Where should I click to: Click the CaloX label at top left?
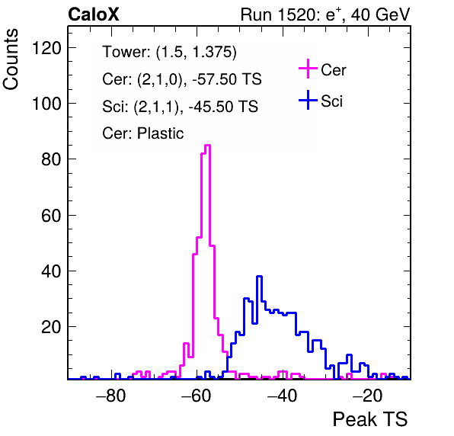click(94, 14)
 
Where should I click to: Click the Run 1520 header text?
click(325, 14)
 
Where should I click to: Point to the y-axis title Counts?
click(11, 59)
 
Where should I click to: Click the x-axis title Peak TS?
click(370, 419)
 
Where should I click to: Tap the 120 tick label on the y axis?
click(47, 48)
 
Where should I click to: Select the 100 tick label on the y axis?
click(47, 104)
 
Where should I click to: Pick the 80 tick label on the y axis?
click(52, 159)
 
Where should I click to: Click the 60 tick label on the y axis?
click(52, 215)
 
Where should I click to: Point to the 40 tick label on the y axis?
click(52, 271)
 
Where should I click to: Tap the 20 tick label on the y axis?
click(52, 327)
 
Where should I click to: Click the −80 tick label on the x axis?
click(111, 395)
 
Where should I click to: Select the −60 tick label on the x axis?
click(196, 395)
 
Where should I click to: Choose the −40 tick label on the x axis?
click(282, 395)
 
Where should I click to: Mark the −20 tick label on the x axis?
click(367, 395)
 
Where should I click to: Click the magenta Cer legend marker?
click(308, 69)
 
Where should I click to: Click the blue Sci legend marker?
click(308, 100)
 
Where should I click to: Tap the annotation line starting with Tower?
click(169, 52)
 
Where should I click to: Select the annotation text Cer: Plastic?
click(143, 133)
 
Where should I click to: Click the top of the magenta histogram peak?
click(208, 145)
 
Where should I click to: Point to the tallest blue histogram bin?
click(260, 277)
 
